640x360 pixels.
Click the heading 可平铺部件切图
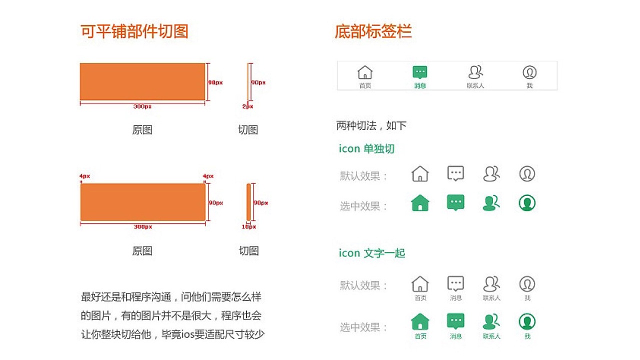tap(134, 31)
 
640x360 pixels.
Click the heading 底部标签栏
tap(373, 31)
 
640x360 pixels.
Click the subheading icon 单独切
tap(366, 149)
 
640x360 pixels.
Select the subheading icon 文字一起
tap(371, 253)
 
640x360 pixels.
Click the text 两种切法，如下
tap(371, 125)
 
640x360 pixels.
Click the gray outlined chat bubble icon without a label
tap(455, 173)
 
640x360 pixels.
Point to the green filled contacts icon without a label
tap(491, 203)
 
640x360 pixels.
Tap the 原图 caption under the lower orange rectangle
tap(142, 251)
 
